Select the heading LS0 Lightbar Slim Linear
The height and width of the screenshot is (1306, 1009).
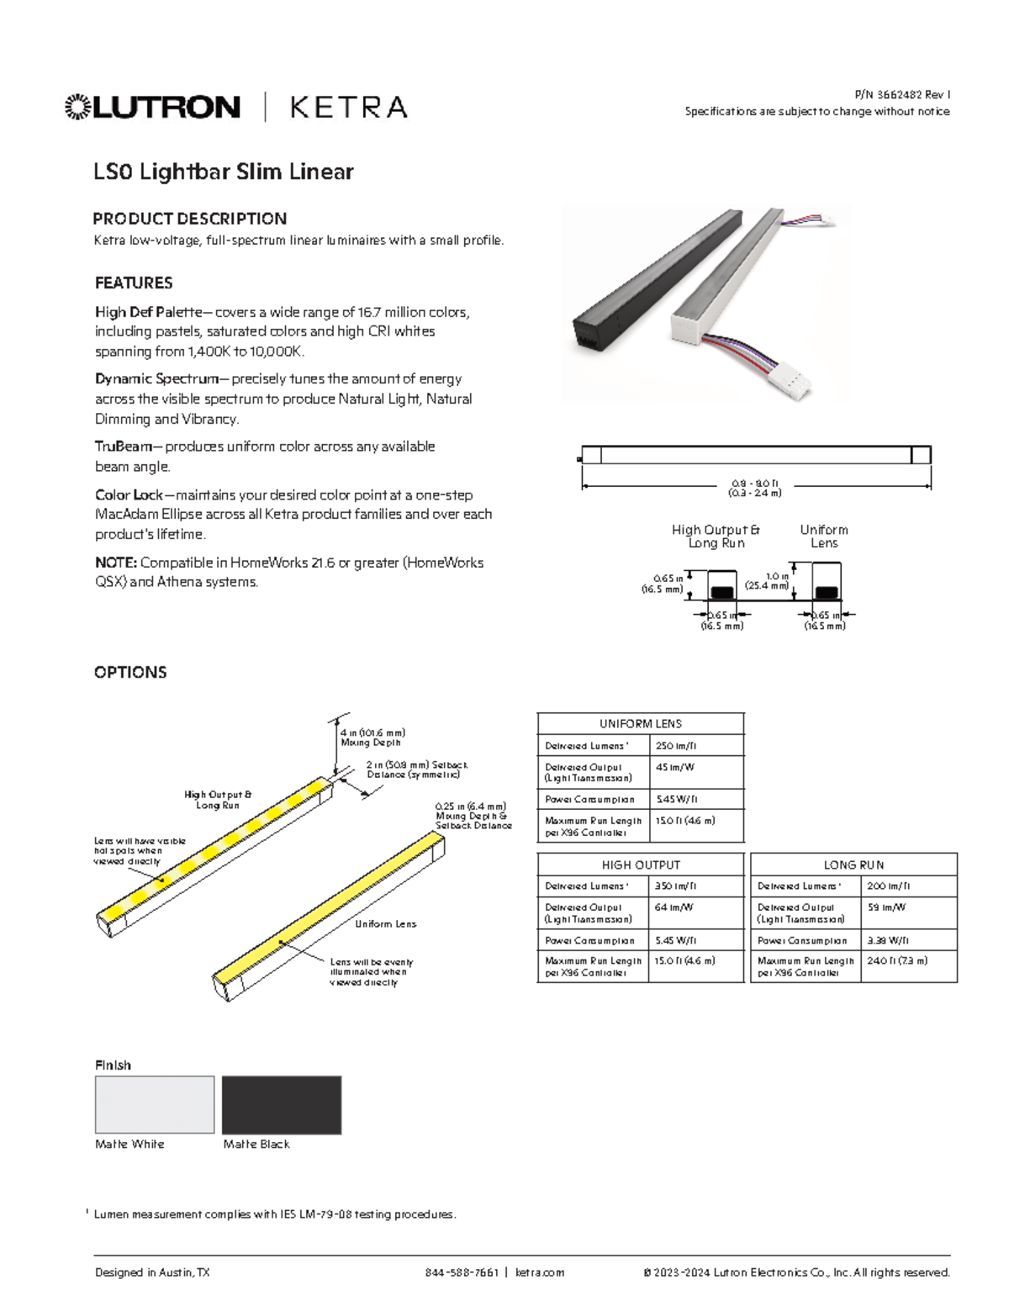tap(223, 172)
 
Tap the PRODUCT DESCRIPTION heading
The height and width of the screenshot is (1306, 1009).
tap(189, 219)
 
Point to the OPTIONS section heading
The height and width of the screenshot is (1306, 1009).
tap(130, 672)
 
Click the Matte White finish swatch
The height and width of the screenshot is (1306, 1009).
tap(155, 1104)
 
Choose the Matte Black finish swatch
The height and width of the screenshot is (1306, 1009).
tap(282, 1104)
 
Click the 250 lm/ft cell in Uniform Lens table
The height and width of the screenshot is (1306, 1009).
tap(676, 746)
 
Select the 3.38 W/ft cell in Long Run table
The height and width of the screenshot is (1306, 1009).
tap(887, 941)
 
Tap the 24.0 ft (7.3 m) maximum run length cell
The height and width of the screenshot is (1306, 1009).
tap(897, 960)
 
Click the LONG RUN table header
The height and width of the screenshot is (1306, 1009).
tap(853, 864)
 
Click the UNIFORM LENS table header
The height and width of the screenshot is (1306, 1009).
tap(641, 723)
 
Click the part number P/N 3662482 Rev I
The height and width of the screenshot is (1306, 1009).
tap(901, 95)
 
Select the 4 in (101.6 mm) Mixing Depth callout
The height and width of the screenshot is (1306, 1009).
tap(372, 738)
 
